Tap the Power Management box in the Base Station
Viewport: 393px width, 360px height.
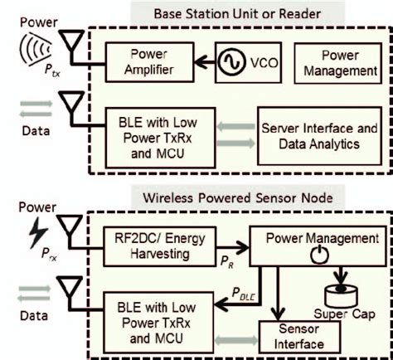coord(340,63)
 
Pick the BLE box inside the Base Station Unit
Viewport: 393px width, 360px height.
coord(150,136)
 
